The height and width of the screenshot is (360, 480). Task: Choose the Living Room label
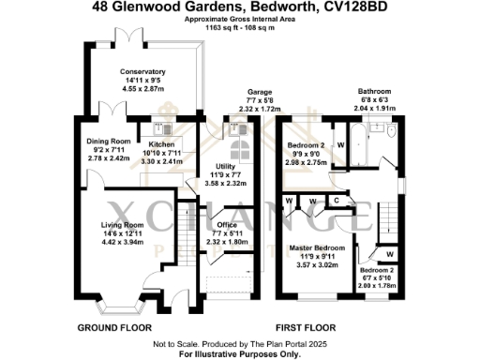pyautogui.click(x=122, y=225)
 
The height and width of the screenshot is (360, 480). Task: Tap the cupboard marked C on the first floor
pyautogui.click(x=336, y=200)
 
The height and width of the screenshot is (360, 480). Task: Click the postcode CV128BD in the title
pyautogui.click(x=352, y=7)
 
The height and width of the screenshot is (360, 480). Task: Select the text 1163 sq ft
pyautogui.click(x=224, y=27)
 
